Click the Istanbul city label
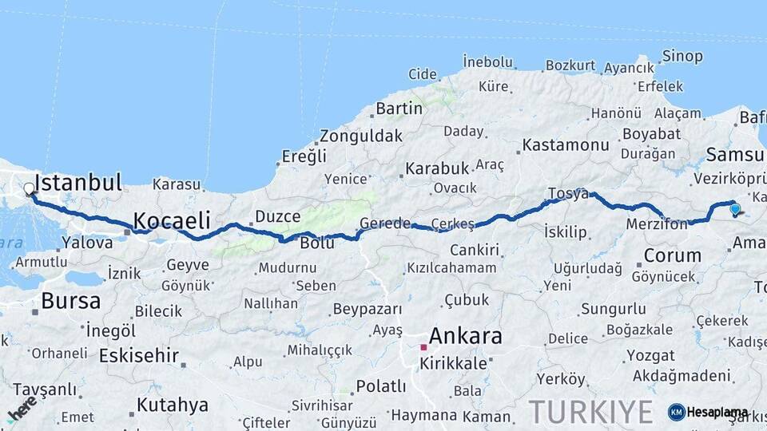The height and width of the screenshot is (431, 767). pos(78,182)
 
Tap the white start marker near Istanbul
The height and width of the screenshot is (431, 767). pos(30,189)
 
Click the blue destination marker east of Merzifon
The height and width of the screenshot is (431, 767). pos(735,209)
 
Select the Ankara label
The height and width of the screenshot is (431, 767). pos(466,336)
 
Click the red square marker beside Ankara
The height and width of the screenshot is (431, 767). pos(423,347)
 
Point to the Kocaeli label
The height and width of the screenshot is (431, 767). pos(172,220)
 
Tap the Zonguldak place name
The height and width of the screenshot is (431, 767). pos(361,136)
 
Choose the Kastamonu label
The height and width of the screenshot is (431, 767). pos(566,145)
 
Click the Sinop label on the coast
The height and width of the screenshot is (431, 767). pos(682,56)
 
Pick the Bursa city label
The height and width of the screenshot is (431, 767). pos(71,301)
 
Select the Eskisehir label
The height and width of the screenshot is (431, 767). pos(138,355)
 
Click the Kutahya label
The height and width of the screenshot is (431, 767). pos(172,405)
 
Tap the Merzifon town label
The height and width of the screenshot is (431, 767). pos(657,225)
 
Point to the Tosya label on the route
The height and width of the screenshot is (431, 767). pos(568,193)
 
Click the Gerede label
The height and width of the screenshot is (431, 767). pos(384,223)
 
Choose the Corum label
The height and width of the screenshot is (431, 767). pos(672,256)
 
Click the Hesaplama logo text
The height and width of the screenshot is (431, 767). pos(717,412)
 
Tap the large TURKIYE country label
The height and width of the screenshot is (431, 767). pos(590,411)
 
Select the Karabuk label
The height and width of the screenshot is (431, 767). pos(436,168)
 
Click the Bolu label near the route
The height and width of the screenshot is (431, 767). pos(317,243)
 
